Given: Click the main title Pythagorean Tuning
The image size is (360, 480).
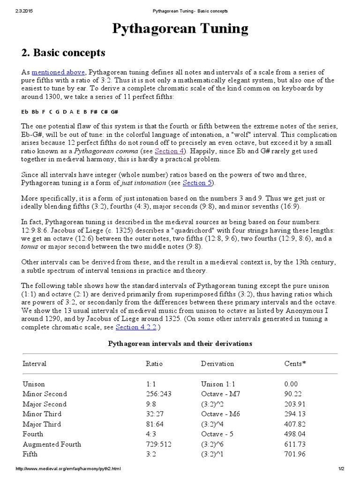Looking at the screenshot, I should [180, 29].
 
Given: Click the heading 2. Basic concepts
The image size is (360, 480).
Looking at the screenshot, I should [64, 52].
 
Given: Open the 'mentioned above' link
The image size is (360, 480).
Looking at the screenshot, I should [59, 72].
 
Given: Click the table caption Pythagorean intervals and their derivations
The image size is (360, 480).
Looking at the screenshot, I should [180, 344].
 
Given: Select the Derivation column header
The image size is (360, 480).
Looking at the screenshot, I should [217, 364].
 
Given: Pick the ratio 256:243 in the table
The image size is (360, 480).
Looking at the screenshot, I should [159, 394].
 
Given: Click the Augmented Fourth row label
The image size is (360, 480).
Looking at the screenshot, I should [52, 444].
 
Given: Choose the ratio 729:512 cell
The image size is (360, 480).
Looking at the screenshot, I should [159, 444].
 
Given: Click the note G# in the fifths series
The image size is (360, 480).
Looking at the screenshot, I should [114, 112].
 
